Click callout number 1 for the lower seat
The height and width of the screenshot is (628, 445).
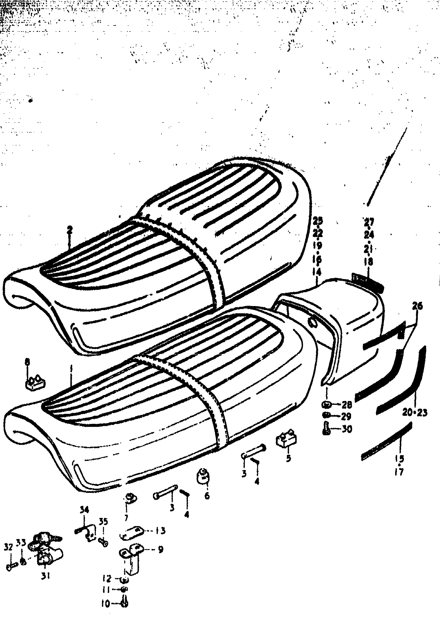coord(71,367)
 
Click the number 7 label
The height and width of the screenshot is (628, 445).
coord(126,518)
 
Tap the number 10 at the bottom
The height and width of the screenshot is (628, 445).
coord(105,604)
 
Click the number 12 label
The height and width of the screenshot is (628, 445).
coord(107,579)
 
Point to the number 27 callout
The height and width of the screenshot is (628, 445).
coord(369,222)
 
